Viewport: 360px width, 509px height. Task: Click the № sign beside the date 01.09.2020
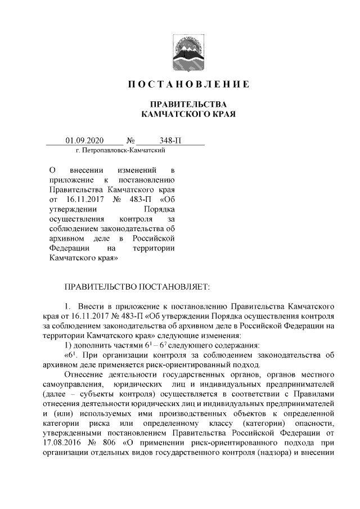(x=130, y=141)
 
